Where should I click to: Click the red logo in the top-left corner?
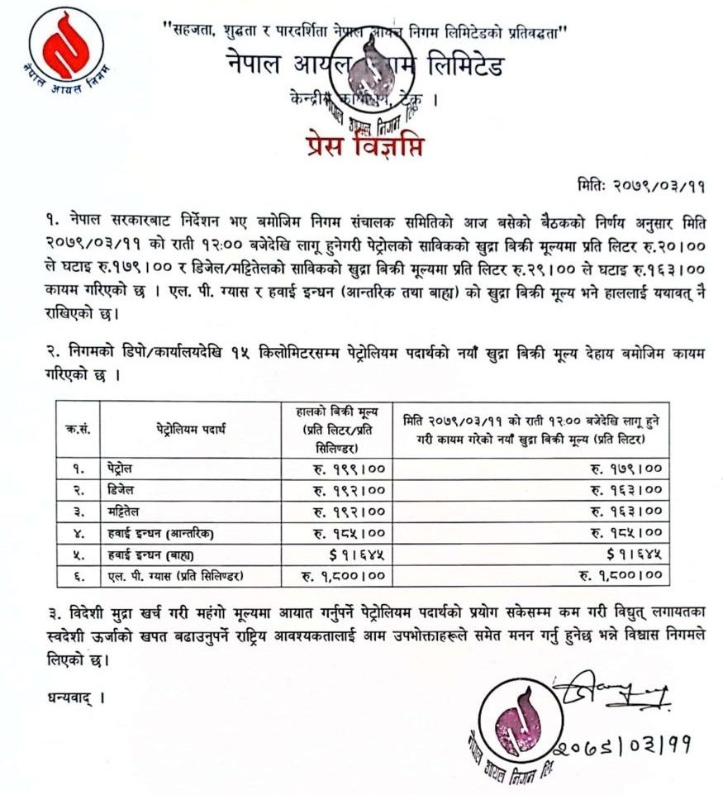pos(65,45)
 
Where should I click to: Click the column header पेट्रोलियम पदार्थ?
pos(190,429)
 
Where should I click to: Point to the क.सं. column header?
pos(77,429)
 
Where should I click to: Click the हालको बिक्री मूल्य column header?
pos(336,429)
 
